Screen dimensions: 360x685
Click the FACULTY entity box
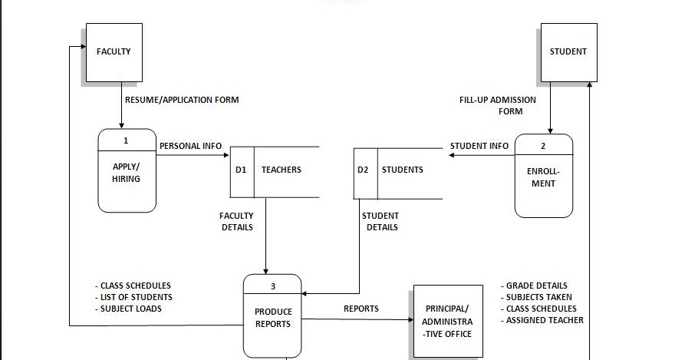click(114, 52)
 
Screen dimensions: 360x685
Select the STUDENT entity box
click(568, 52)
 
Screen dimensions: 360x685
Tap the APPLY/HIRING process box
click(127, 172)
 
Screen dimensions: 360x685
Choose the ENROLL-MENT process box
click(543, 177)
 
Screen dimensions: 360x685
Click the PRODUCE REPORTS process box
click(273, 318)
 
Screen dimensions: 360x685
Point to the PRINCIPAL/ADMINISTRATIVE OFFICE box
click(449, 321)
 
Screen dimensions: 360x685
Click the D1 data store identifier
click(241, 170)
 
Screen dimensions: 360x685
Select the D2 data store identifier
click(363, 170)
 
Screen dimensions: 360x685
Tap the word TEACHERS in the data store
click(282, 170)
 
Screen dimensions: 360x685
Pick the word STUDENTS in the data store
click(403, 170)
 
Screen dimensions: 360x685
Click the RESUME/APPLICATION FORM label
click(182, 100)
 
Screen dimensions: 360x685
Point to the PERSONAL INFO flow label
click(190, 146)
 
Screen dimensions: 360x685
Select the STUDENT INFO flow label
click(479, 146)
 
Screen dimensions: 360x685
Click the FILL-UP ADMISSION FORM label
click(498, 105)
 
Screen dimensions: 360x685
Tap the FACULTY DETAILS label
click(236, 221)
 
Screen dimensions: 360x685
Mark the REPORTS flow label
click(361, 309)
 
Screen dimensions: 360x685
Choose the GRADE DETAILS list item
click(536, 286)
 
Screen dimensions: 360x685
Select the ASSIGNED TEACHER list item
click(544, 320)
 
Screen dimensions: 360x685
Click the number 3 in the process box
click(273, 287)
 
